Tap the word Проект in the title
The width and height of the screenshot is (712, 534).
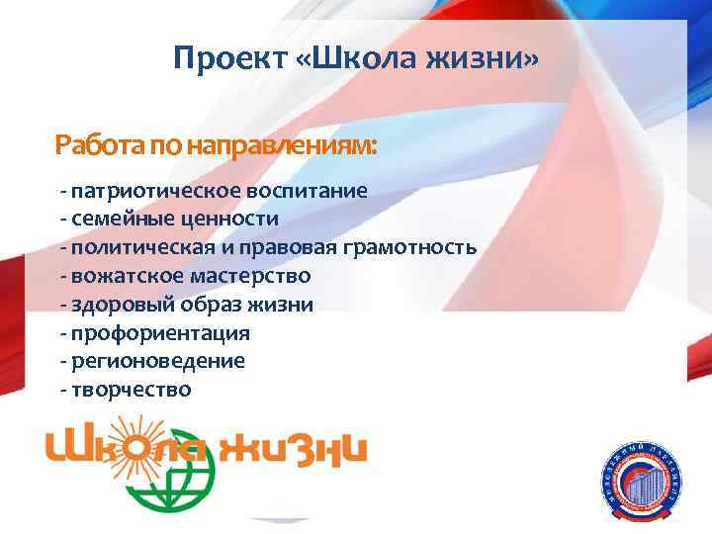(227, 59)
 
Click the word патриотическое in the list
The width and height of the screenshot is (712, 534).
(143, 189)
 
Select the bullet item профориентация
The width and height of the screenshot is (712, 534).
(159, 332)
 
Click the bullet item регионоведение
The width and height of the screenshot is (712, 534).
(157, 361)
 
